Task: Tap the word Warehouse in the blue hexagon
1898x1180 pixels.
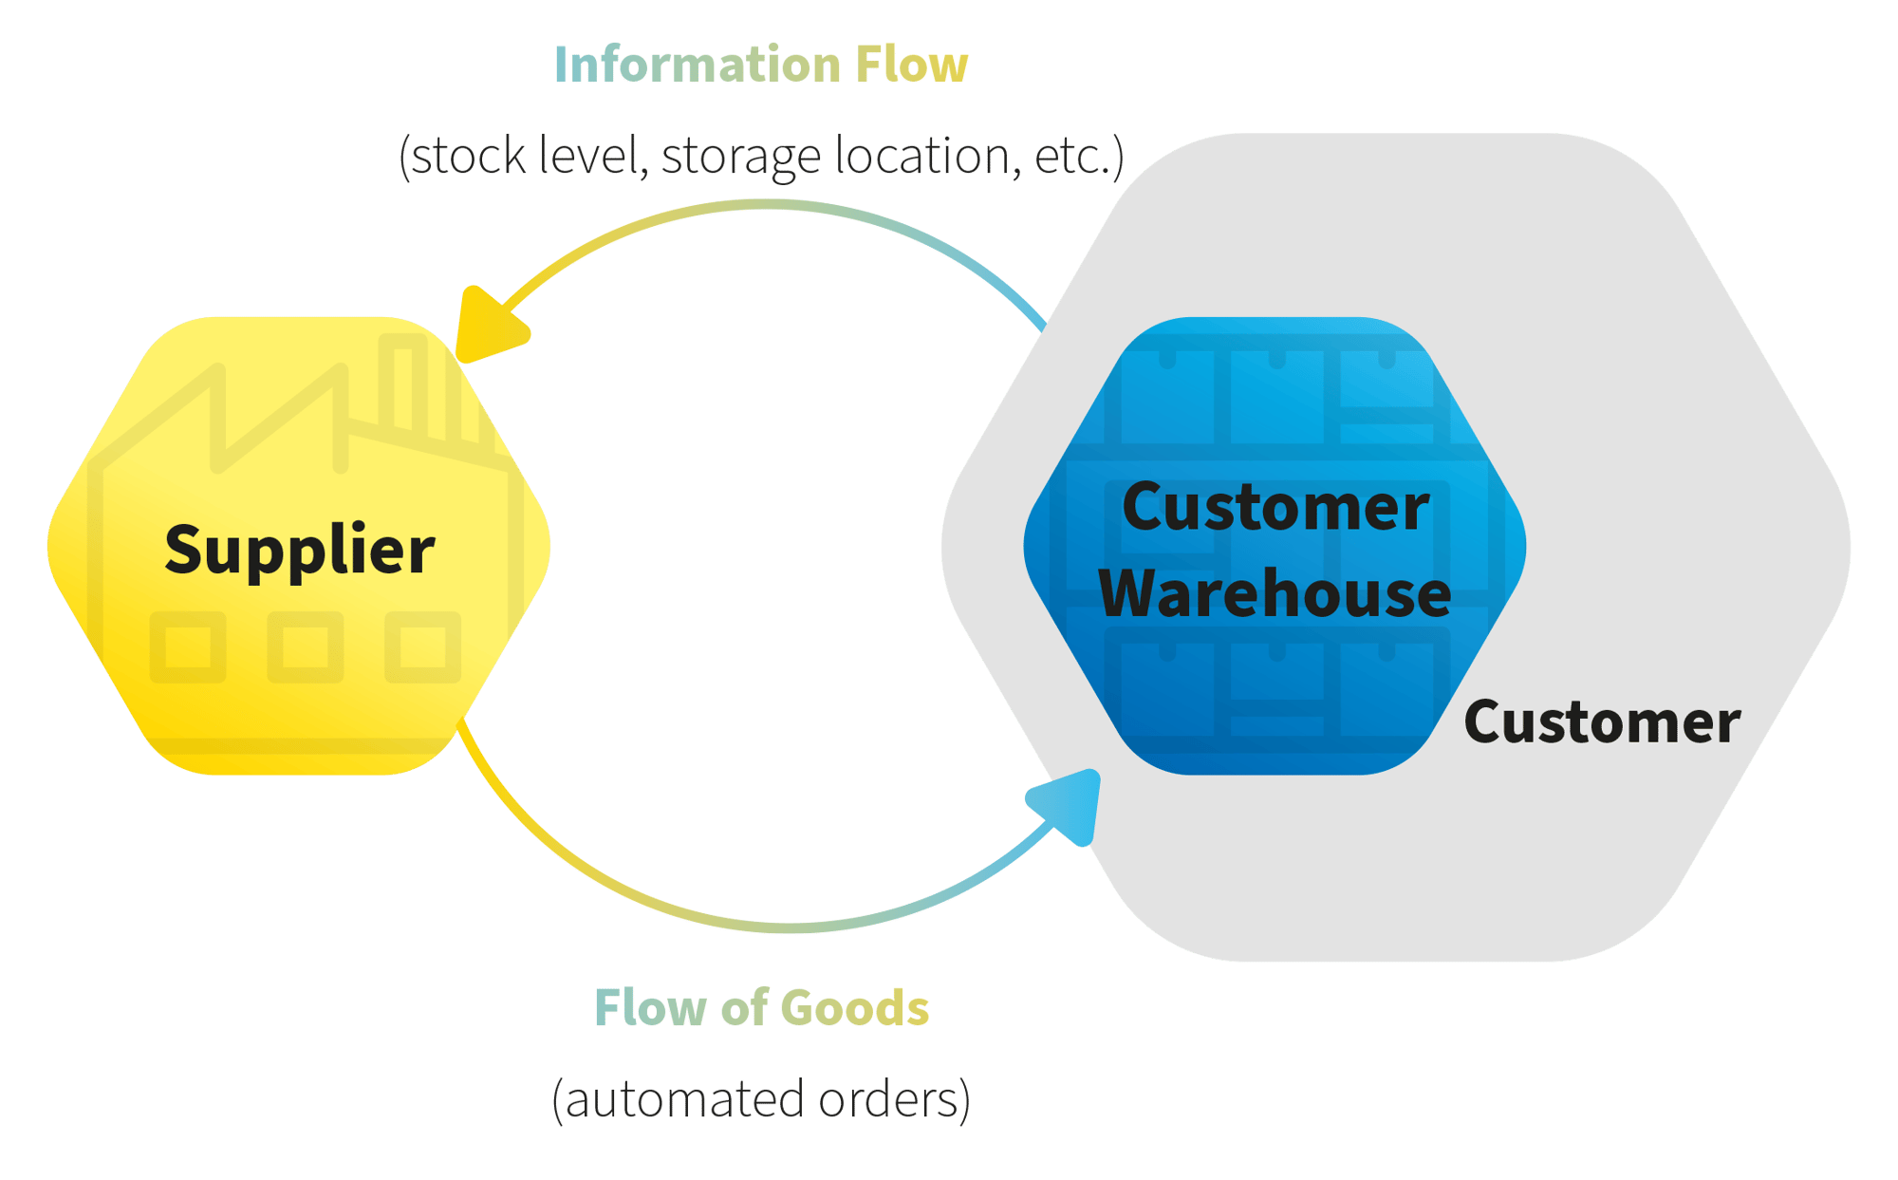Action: click(x=1275, y=593)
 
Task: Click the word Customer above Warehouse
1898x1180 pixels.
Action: click(x=1275, y=507)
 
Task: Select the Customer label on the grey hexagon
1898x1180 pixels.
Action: click(x=1602, y=721)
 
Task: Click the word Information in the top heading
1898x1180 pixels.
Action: click(x=698, y=65)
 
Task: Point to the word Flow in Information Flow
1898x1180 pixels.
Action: click(x=911, y=65)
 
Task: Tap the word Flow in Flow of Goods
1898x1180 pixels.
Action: click(x=650, y=1007)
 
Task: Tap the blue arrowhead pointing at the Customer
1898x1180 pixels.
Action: click(x=1070, y=805)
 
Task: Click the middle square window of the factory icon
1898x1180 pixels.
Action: click(x=305, y=647)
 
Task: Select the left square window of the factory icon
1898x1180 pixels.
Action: click(x=188, y=647)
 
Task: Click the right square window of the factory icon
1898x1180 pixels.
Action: click(x=422, y=647)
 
